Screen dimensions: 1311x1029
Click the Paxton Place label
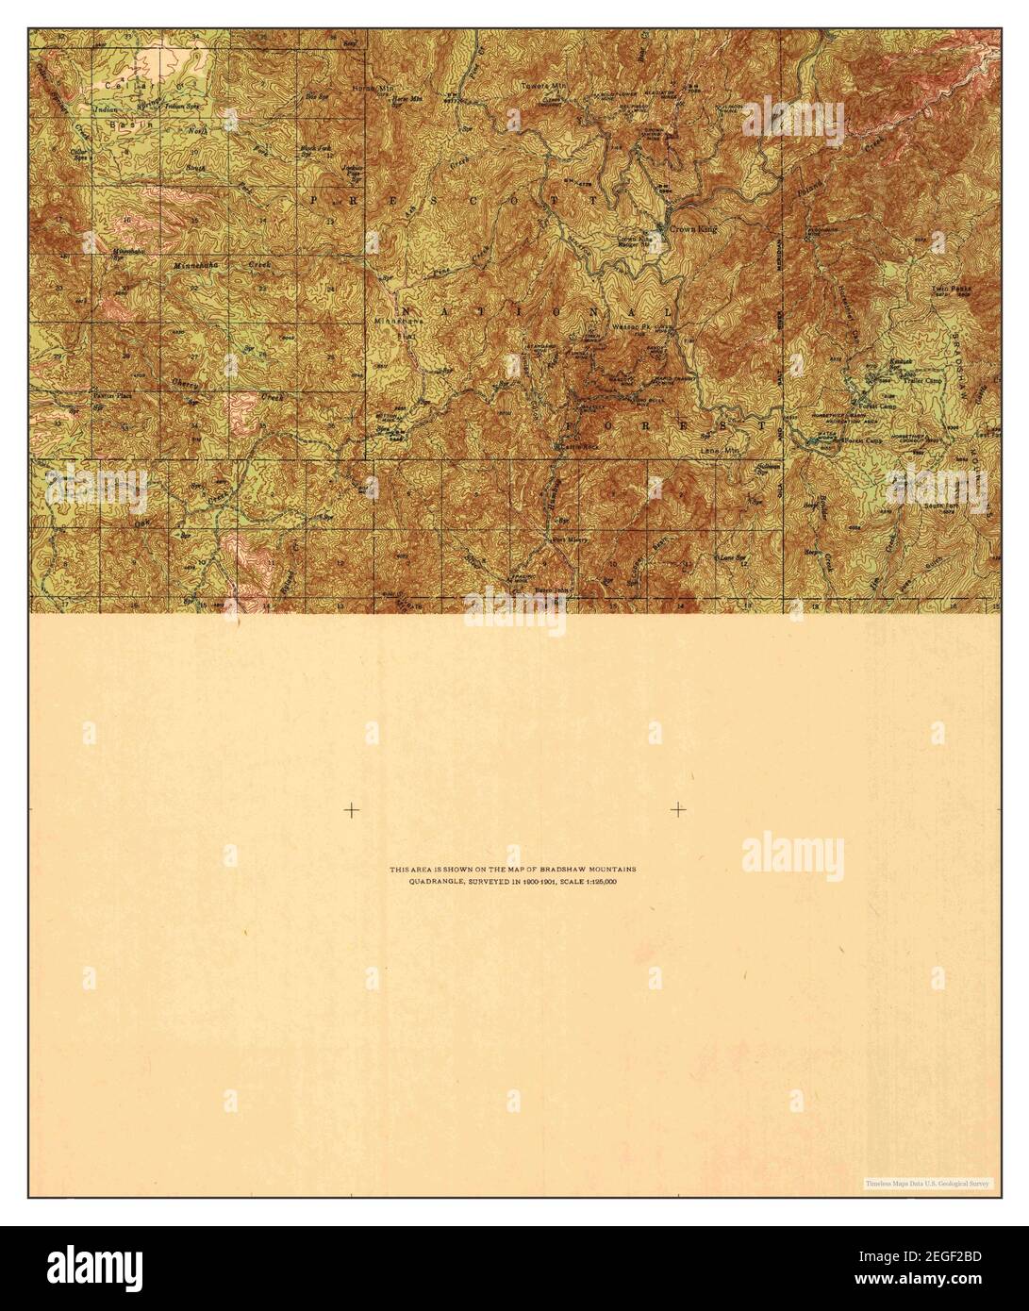(110, 398)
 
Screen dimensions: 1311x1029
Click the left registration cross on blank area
(351, 809)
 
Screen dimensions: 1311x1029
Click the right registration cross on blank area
(678, 809)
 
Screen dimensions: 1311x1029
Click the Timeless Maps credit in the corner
(926, 1182)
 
